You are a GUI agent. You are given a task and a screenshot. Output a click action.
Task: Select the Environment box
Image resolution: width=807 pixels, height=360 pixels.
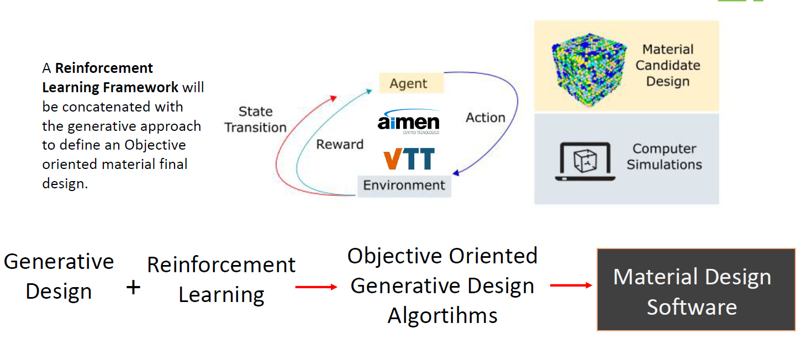404,186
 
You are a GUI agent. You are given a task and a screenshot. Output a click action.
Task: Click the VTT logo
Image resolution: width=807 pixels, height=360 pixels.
409,158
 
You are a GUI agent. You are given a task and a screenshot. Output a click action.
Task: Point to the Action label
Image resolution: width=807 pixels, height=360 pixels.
485,118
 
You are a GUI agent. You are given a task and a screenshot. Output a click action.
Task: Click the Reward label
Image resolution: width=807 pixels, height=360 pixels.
340,145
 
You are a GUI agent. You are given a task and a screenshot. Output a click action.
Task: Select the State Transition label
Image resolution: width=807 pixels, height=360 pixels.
255,119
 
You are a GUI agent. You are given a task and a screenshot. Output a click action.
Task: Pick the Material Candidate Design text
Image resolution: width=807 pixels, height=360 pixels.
667,65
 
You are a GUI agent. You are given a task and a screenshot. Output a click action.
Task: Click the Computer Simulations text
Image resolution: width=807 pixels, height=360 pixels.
664,157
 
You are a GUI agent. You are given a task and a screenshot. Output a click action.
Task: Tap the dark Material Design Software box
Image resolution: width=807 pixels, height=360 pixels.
695,290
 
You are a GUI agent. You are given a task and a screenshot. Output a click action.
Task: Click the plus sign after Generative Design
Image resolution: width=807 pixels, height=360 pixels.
133,287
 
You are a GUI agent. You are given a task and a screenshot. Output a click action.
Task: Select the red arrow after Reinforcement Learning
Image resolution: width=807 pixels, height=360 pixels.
316,287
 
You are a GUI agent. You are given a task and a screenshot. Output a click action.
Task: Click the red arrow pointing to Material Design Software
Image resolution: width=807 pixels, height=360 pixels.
571,285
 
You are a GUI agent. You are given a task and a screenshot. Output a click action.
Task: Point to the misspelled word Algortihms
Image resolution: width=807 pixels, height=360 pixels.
442,316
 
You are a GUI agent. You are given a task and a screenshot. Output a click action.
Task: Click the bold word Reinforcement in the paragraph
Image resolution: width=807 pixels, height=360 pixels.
104,68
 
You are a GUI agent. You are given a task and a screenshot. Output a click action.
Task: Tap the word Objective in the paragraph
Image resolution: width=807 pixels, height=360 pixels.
155,145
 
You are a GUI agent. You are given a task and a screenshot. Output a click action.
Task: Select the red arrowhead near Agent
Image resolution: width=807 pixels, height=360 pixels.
333,98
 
